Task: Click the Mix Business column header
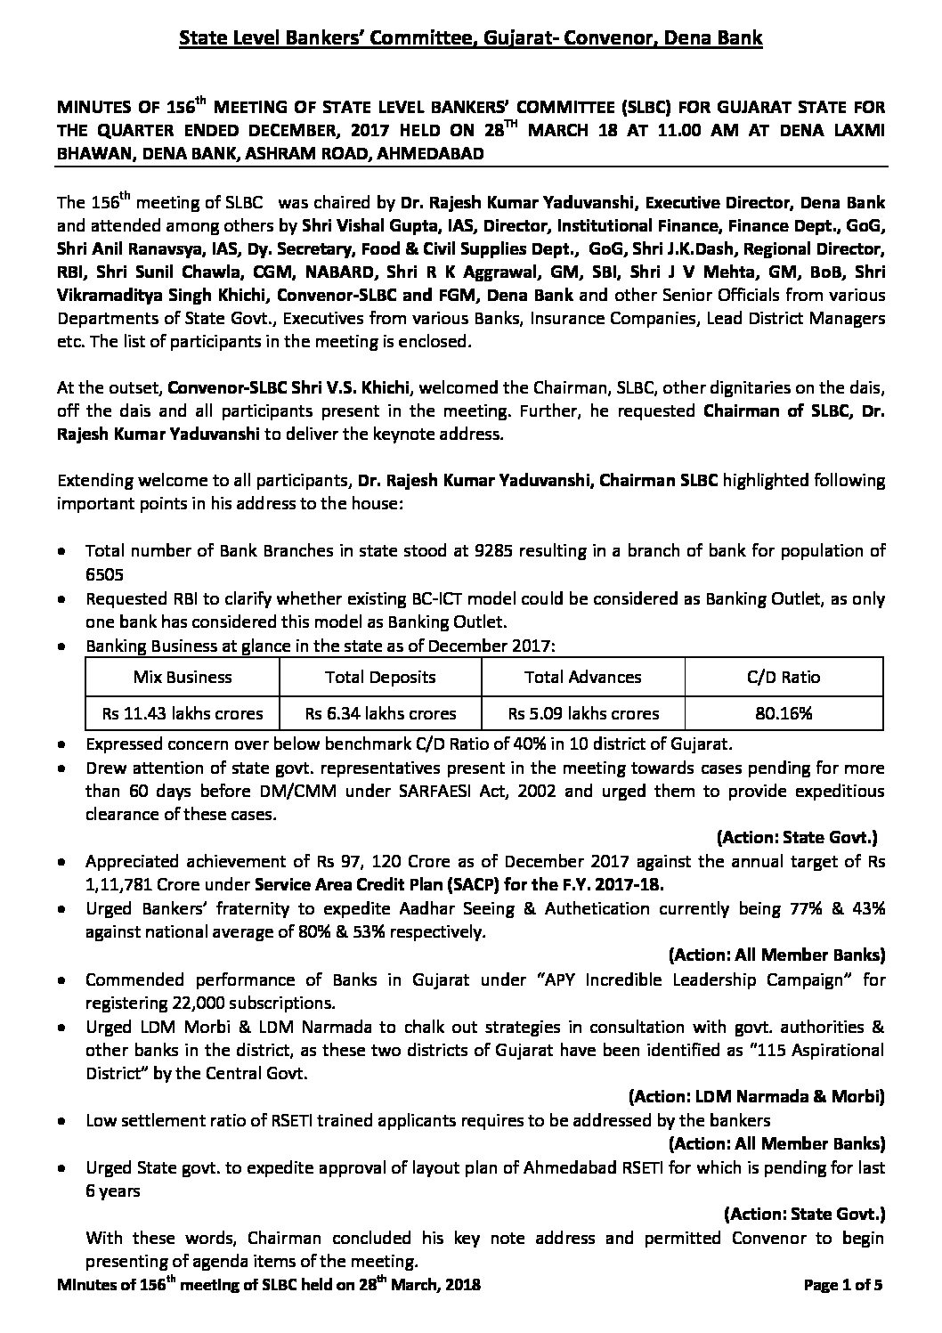[182, 677]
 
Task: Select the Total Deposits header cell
[380, 677]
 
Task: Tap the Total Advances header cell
[582, 677]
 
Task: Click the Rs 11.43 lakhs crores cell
[182, 713]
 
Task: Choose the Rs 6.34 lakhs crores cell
[380, 713]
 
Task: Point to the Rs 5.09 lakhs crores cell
[582, 713]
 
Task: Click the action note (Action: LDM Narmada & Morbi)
[756, 1095]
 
